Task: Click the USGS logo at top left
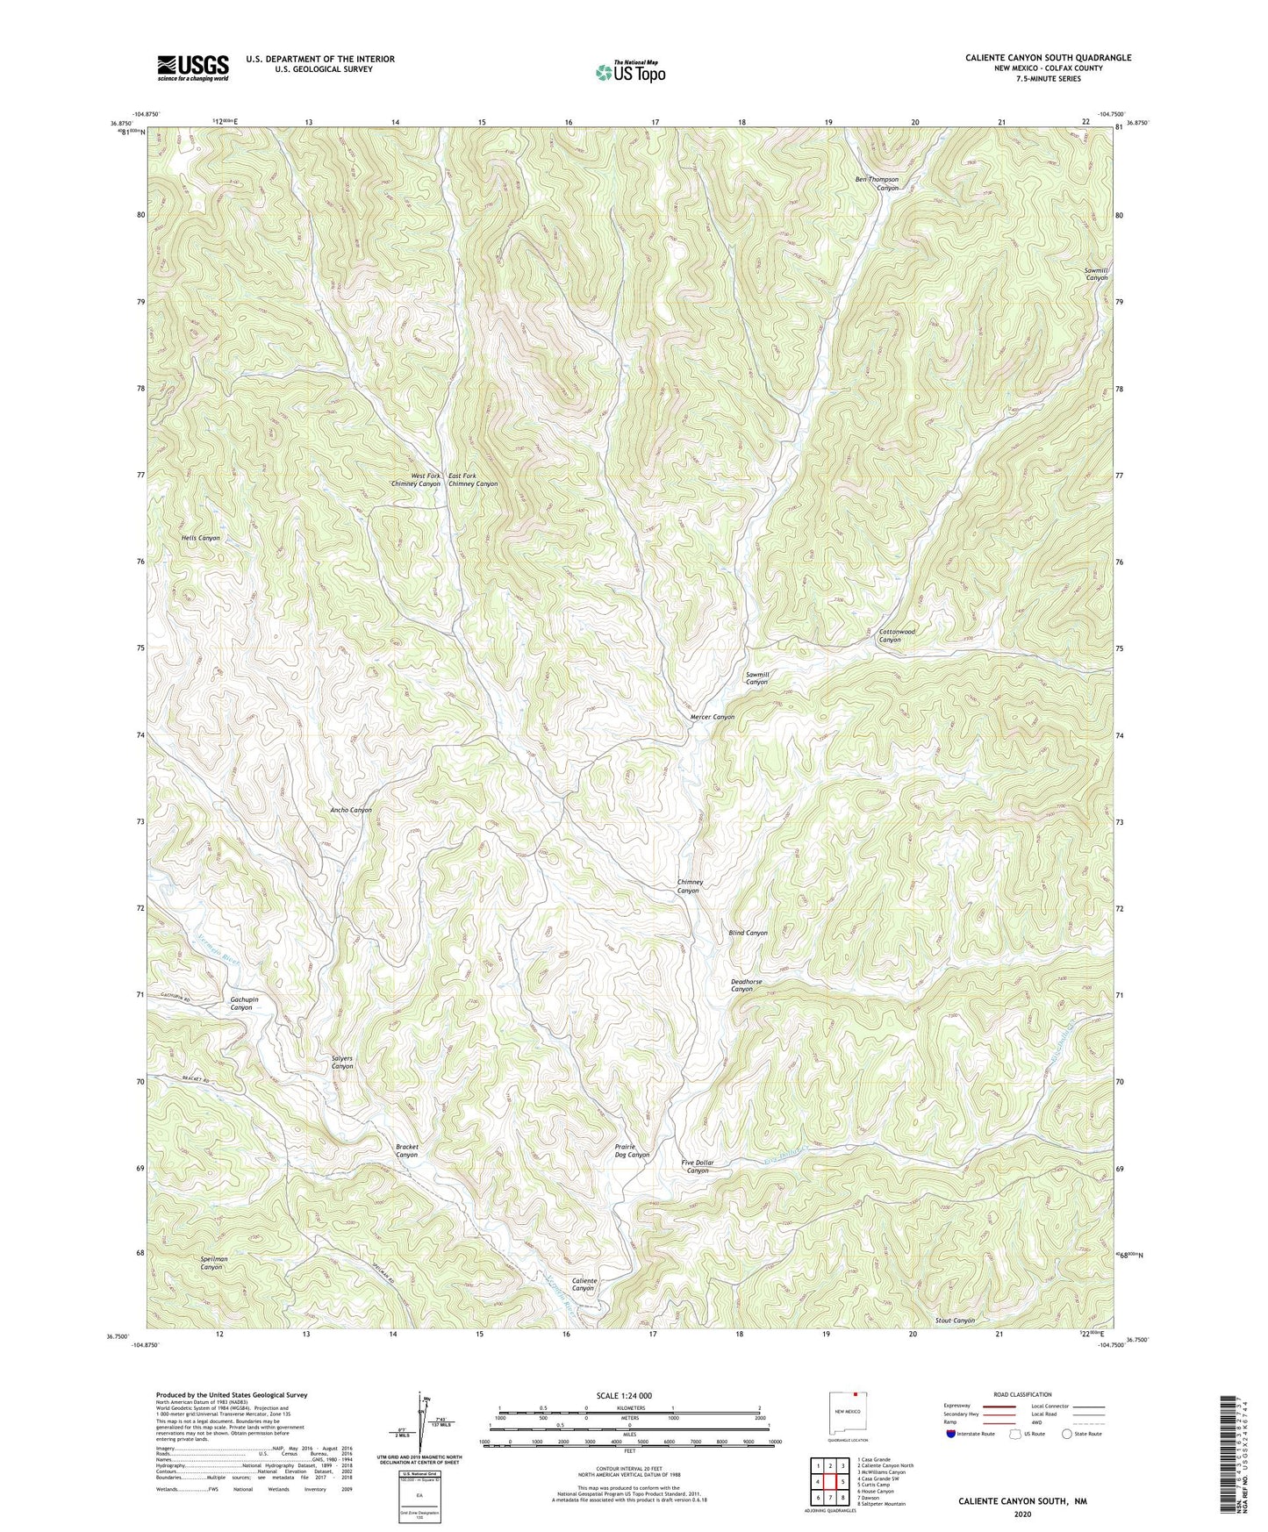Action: [x=193, y=68]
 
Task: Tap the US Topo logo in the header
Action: [x=630, y=73]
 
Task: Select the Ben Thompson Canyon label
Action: [x=877, y=183]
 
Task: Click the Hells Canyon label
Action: [x=201, y=538]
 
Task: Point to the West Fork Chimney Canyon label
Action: [x=416, y=480]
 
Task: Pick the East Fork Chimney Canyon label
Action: [x=473, y=480]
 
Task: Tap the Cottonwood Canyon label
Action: [x=897, y=635]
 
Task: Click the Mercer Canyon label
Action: [x=712, y=717]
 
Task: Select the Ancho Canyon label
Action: [x=351, y=810]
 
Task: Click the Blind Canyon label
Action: [x=748, y=933]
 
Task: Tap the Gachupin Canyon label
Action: [x=241, y=1003]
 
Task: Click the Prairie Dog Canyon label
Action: [x=632, y=1150]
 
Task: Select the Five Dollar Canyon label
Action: [x=698, y=1166]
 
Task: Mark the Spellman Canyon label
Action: [x=213, y=1263]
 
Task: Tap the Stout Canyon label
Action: [x=955, y=1320]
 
